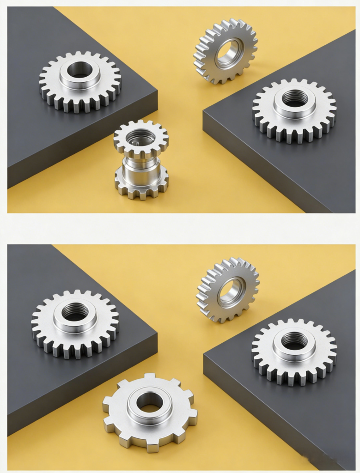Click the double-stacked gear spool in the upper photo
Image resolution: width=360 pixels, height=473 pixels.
pyautogui.click(x=141, y=159)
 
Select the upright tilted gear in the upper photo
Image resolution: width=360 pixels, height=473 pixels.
pyautogui.click(x=226, y=51)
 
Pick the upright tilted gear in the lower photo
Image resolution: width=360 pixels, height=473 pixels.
pyautogui.click(x=228, y=290)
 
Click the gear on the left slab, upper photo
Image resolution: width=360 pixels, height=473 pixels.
pyautogui.click(x=80, y=81)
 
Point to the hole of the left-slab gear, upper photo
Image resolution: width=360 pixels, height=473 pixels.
pyautogui.click(x=80, y=71)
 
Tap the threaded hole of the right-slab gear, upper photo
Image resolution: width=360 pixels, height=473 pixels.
pyautogui.click(x=295, y=97)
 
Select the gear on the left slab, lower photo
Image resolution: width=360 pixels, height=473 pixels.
pyautogui.click(x=75, y=323)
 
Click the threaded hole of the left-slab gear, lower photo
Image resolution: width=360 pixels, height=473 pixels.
pyautogui.click(x=75, y=312)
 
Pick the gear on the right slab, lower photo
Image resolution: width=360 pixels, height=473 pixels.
pyautogui.click(x=294, y=351)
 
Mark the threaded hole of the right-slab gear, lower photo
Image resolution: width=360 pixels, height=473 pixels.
pyautogui.click(x=294, y=340)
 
